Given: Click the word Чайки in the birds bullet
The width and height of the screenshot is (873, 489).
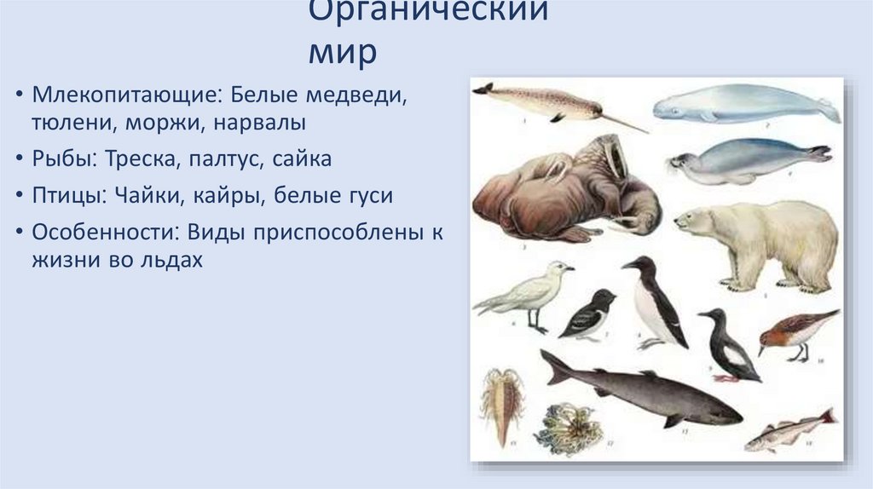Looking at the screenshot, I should click(139, 196).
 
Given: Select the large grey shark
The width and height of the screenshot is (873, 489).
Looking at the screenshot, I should click(648, 391).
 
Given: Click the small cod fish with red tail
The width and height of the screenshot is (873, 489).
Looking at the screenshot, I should click(788, 432).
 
